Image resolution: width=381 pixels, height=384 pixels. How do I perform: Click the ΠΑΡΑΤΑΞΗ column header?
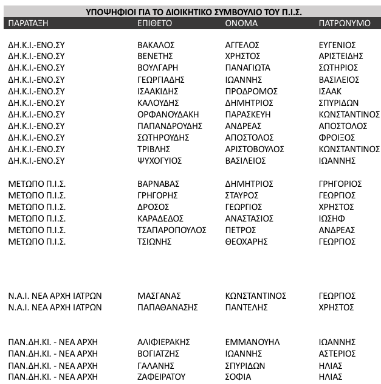(28, 24)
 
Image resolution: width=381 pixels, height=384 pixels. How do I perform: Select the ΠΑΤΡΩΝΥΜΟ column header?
(345, 24)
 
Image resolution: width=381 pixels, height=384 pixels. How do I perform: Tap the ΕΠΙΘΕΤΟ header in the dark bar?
(155, 24)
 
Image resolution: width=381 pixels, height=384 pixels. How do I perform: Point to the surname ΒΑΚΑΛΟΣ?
(156, 45)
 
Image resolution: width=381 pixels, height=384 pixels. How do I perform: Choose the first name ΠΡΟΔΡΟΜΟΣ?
(251, 91)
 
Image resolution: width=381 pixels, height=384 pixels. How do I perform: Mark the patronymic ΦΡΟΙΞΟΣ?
(337, 138)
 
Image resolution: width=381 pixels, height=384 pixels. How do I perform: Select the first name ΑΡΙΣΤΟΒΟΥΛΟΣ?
(255, 149)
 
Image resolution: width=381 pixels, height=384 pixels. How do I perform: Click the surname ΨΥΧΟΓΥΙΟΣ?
(160, 161)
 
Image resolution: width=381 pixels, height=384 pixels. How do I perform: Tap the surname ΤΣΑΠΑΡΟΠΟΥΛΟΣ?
(172, 230)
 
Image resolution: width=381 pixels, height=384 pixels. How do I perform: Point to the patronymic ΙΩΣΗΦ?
(332, 218)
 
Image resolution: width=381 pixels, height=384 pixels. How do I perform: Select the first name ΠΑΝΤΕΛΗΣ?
(246, 307)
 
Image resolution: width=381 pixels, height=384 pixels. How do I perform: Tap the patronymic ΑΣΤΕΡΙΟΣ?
(337, 354)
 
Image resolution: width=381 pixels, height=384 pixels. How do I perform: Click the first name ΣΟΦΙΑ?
(238, 377)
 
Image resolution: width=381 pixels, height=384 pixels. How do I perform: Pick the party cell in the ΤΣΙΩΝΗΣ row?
(37, 242)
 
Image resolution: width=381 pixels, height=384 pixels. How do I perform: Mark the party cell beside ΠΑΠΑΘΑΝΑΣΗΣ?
(55, 307)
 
